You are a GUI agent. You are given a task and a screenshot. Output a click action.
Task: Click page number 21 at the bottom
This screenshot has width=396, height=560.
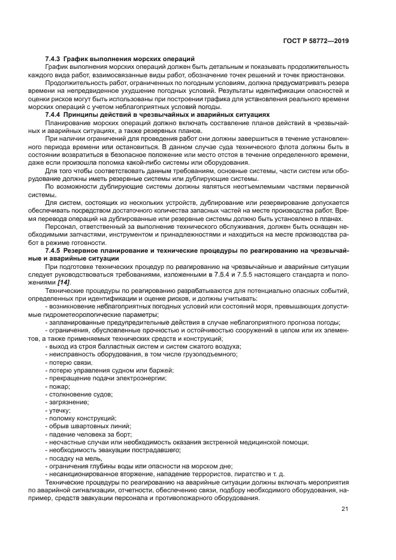(x=345, y=509)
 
